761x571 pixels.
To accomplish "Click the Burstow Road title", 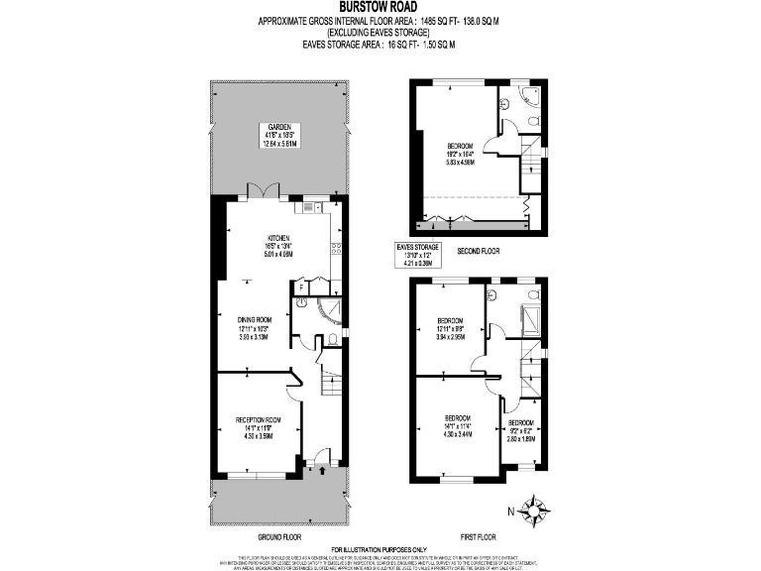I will [x=380, y=6].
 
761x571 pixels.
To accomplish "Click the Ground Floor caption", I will [x=278, y=535].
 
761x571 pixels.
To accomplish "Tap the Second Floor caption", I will [x=479, y=252].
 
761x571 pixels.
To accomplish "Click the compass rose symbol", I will [x=536, y=512].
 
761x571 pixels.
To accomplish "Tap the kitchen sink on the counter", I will [x=310, y=207].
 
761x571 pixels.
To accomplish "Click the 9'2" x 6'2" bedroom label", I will [x=522, y=431].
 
